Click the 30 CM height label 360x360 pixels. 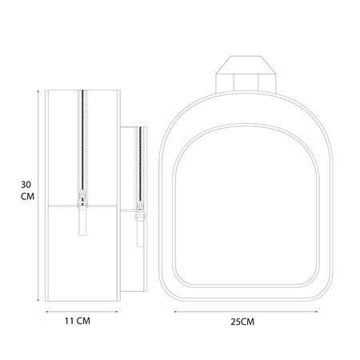[x=27, y=190]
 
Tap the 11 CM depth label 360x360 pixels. [x=78, y=321]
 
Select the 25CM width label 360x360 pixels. [x=242, y=322]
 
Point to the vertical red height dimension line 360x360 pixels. [x=38, y=196]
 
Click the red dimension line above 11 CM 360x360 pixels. [x=82, y=311]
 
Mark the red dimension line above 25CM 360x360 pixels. [x=246, y=311]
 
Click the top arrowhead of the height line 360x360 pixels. [x=38, y=91]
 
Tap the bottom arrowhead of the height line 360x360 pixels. [x=38, y=300]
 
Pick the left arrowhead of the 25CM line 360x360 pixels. [x=175, y=311]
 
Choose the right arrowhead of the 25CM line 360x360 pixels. [x=316, y=311]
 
